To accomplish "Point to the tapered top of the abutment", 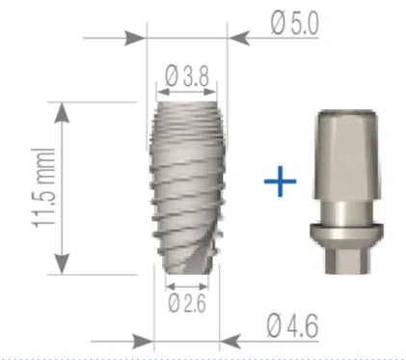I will pyautogui.click(x=343, y=121).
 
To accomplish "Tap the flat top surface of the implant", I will pyautogui.click(x=186, y=105).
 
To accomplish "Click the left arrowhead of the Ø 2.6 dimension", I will pyautogui.click(x=171, y=287).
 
